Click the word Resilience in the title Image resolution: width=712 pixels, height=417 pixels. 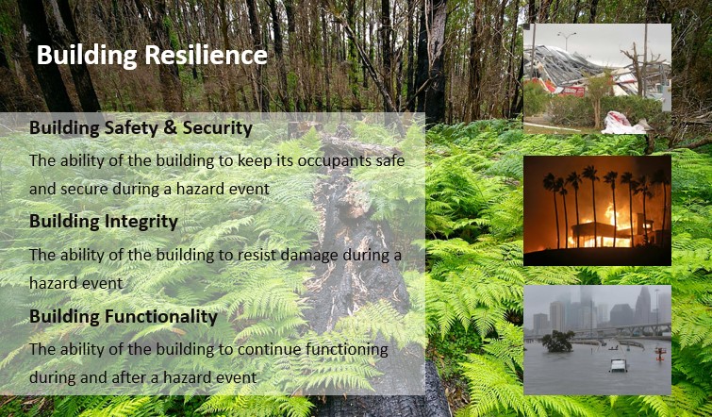coord(206,55)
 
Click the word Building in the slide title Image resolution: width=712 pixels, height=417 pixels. coord(87,56)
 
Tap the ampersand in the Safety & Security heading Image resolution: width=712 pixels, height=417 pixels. coord(171,128)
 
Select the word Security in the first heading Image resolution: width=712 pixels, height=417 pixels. coord(217,128)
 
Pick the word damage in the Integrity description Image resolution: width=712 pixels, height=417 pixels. coord(309,256)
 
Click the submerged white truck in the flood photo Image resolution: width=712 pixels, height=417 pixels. coord(619,365)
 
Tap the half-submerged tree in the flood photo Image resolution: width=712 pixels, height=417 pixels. coord(557,342)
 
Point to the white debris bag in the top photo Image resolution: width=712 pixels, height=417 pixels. coord(623,123)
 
